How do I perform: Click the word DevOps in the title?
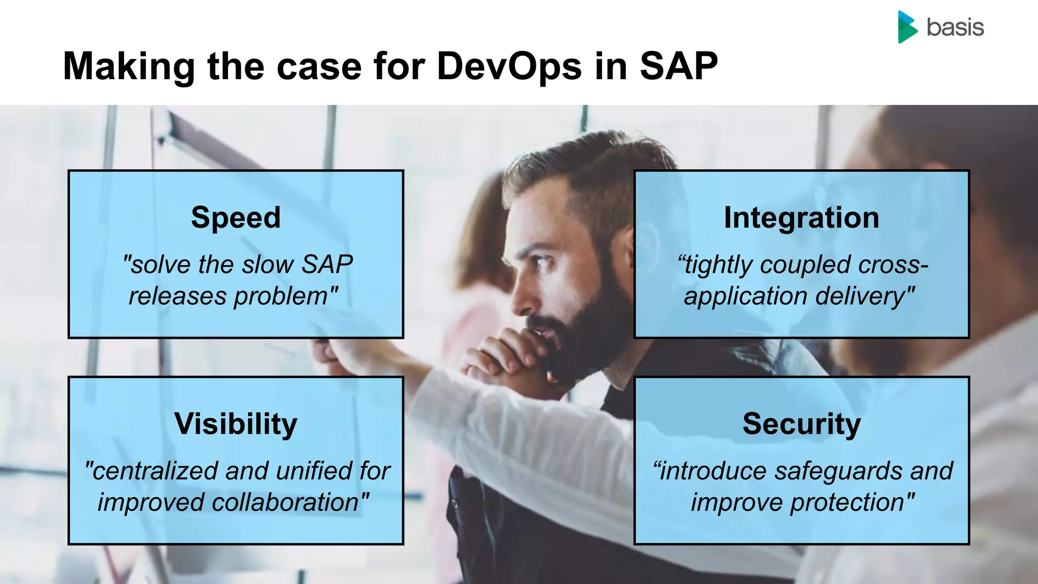coord(509,66)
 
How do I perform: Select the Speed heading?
coord(236,217)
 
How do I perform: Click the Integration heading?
coord(801,217)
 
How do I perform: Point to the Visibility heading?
coord(236,424)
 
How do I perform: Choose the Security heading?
coord(801,424)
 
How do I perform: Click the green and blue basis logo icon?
coord(907,27)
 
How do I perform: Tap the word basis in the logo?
coord(955,27)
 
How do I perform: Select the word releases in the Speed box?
coord(177,297)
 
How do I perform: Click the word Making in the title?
coord(129,66)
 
